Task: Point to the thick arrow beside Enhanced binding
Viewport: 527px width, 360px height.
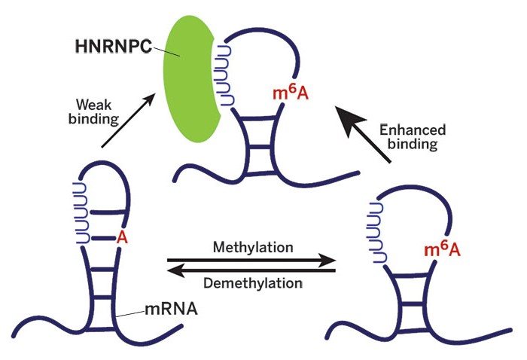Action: click(364, 136)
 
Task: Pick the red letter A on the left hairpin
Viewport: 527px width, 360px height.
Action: click(120, 237)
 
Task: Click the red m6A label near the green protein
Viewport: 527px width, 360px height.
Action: click(290, 96)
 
